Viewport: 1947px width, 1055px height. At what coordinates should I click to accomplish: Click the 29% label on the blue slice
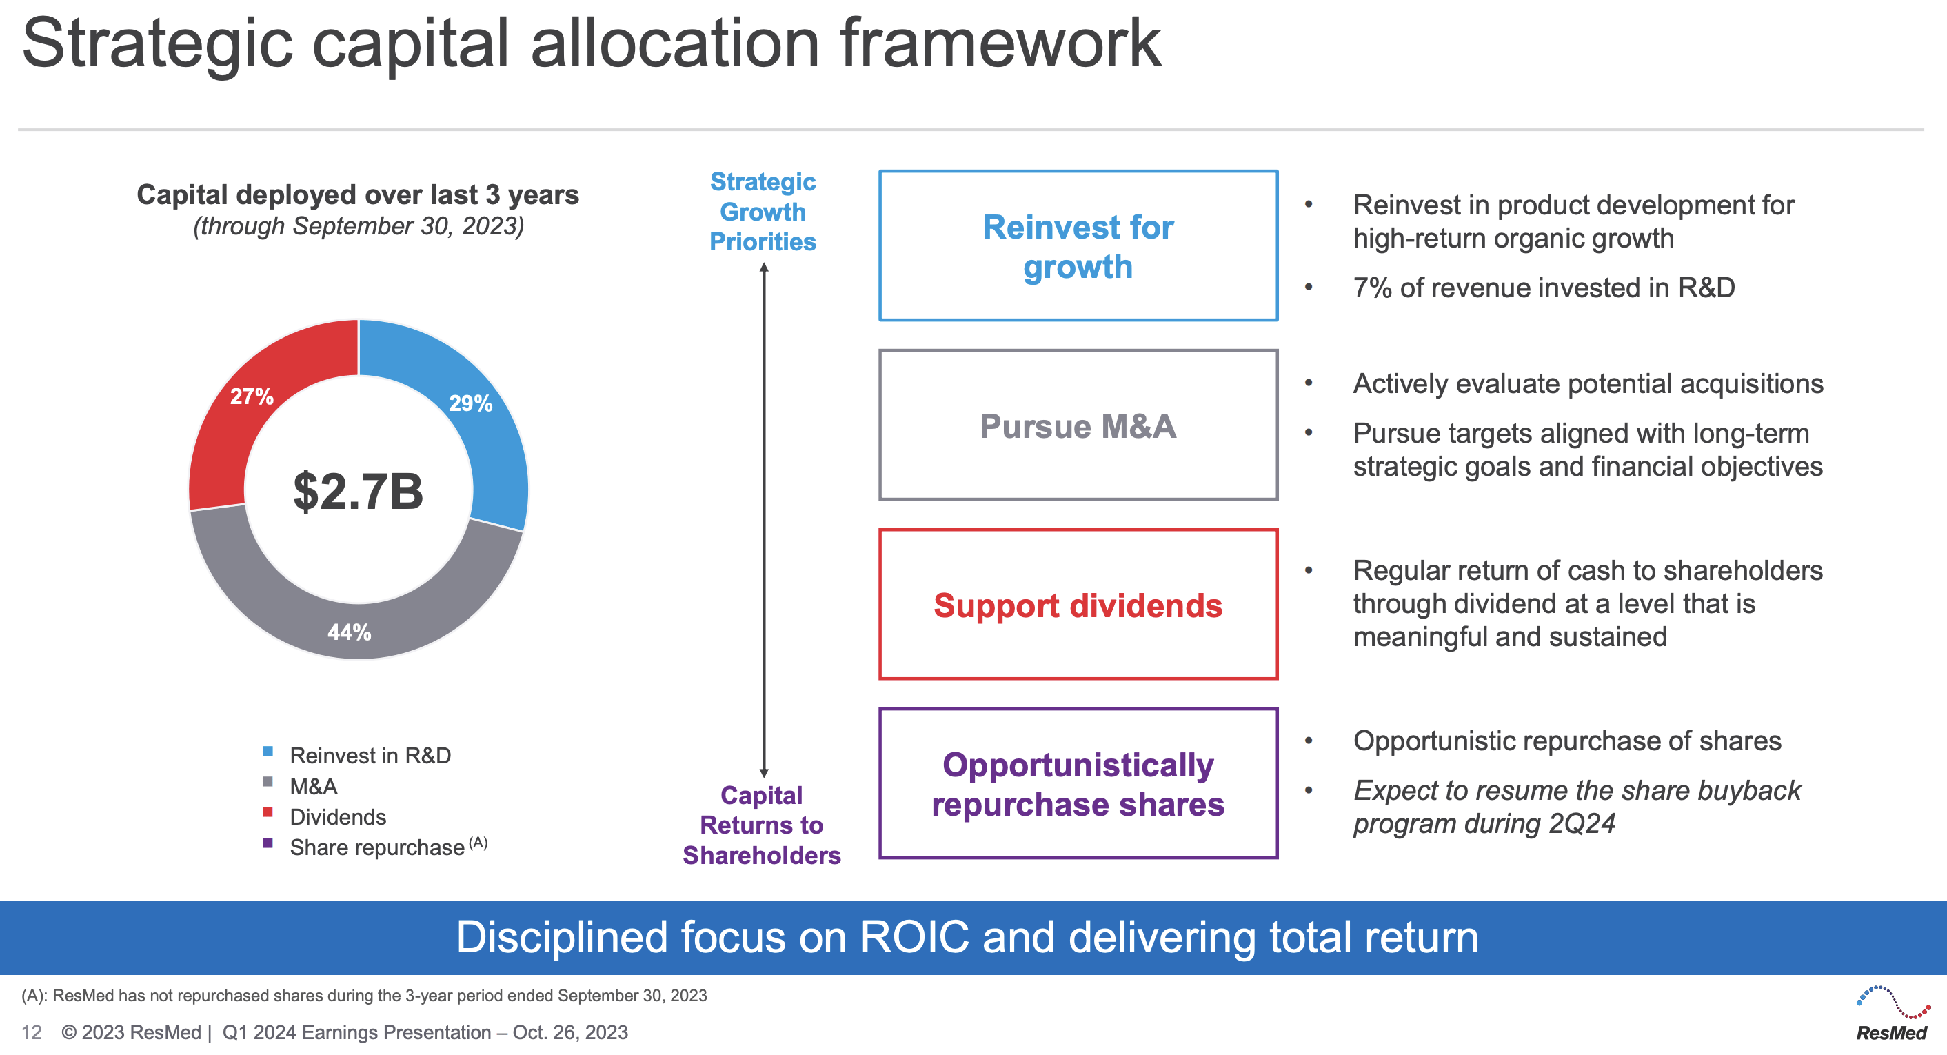[x=470, y=403]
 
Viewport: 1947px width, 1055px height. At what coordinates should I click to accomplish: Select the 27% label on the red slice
[x=252, y=396]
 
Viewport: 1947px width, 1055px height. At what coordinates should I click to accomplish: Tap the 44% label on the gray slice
[x=349, y=632]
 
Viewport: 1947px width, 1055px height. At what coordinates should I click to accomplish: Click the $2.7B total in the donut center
[x=359, y=492]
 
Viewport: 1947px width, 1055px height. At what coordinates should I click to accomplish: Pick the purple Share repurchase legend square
[x=268, y=843]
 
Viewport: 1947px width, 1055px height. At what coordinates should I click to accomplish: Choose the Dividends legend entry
[x=337, y=817]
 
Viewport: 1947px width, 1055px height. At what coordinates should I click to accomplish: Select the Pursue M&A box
[x=1078, y=425]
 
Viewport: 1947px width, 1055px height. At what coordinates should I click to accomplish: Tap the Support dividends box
[x=1078, y=605]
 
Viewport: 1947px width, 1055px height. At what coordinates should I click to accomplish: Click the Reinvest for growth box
[x=1078, y=246]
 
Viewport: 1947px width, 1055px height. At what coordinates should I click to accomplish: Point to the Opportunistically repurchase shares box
[x=1078, y=784]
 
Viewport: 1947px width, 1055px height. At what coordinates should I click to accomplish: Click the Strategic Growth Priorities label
[x=763, y=212]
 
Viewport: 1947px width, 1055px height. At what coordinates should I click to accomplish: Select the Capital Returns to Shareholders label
[x=761, y=825]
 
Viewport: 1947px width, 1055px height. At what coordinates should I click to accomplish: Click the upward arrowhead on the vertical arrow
[x=764, y=268]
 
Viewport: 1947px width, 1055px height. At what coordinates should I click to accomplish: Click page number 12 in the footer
[x=31, y=1032]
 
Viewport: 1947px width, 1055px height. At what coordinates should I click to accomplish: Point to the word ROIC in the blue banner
[x=914, y=937]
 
